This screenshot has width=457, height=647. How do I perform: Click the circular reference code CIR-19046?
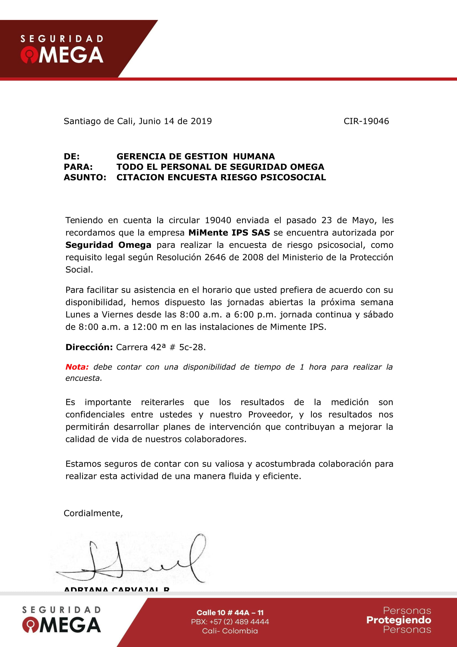click(366, 121)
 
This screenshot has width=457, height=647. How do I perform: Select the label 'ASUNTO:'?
click(85, 178)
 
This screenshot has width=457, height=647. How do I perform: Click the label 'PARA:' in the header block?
click(78, 167)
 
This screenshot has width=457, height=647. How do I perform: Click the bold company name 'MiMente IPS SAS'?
click(229, 233)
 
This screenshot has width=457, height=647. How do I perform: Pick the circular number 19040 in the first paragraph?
click(218, 220)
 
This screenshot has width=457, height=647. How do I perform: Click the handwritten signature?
click(132, 561)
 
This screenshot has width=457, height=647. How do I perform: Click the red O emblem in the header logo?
click(29, 56)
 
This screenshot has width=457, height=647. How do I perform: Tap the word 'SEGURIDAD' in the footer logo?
click(61, 610)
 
